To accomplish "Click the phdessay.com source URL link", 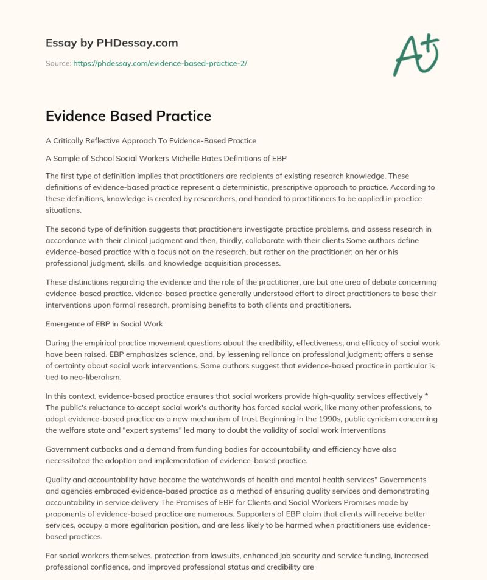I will coord(159,63).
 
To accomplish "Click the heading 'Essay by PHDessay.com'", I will coord(111,43).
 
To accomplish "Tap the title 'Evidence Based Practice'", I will coord(128,116).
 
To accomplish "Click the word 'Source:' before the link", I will coord(58,63).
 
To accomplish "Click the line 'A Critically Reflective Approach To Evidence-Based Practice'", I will coord(151,140).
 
